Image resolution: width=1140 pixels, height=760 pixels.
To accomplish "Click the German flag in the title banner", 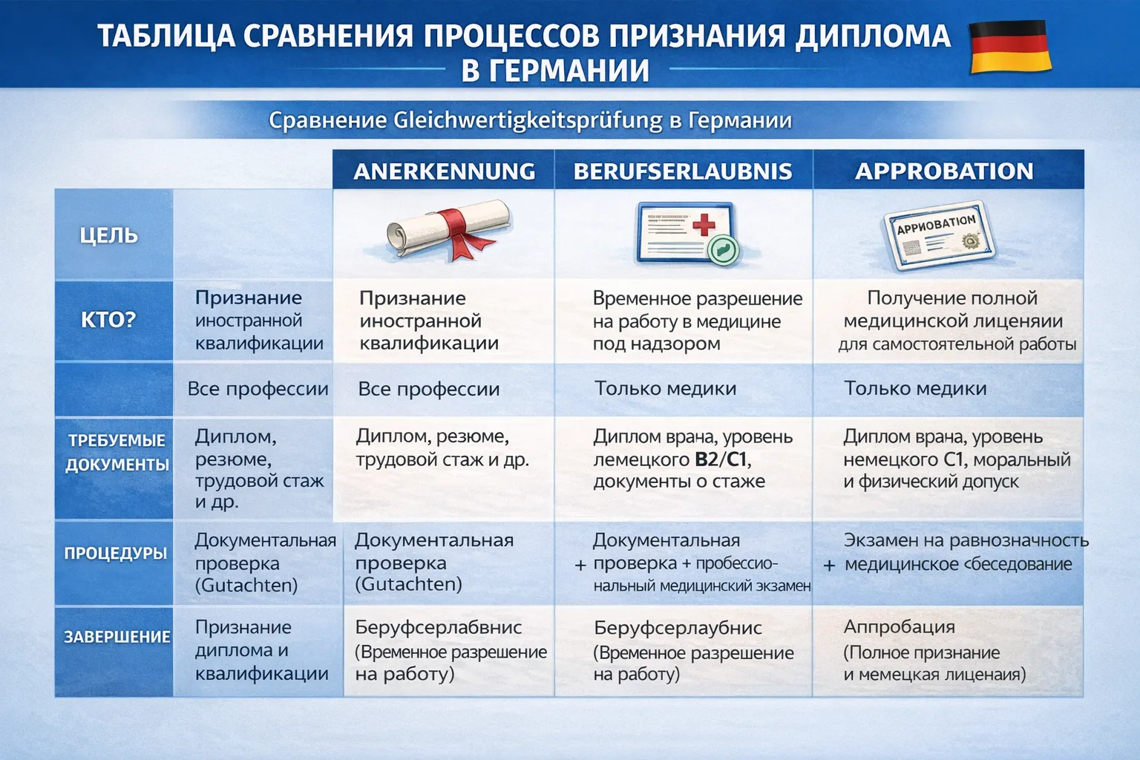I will click(1011, 47).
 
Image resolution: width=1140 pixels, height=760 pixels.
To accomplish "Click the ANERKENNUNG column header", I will click(444, 171).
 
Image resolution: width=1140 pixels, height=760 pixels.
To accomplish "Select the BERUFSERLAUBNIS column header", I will click(683, 171).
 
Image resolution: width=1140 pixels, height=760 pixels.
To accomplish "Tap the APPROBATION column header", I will click(944, 171).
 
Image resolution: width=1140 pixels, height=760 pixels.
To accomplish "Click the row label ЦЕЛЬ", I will click(109, 235).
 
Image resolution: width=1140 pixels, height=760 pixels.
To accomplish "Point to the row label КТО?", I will click(108, 320).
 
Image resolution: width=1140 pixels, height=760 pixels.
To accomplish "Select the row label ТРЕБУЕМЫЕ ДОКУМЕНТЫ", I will click(117, 452).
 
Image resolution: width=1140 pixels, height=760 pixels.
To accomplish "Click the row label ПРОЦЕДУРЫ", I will click(115, 553).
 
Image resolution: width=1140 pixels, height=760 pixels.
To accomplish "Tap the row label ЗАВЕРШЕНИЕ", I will click(117, 637).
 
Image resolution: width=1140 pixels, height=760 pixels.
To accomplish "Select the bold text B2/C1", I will click(720, 459).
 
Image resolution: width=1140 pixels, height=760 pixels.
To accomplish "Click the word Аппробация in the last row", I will click(899, 626).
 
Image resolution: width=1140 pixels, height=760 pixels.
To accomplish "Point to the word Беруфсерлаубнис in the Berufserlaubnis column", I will click(678, 628).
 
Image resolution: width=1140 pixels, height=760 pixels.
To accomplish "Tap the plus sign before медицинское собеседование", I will click(830, 566).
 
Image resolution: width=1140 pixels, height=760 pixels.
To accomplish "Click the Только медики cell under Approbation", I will click(915, 388).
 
